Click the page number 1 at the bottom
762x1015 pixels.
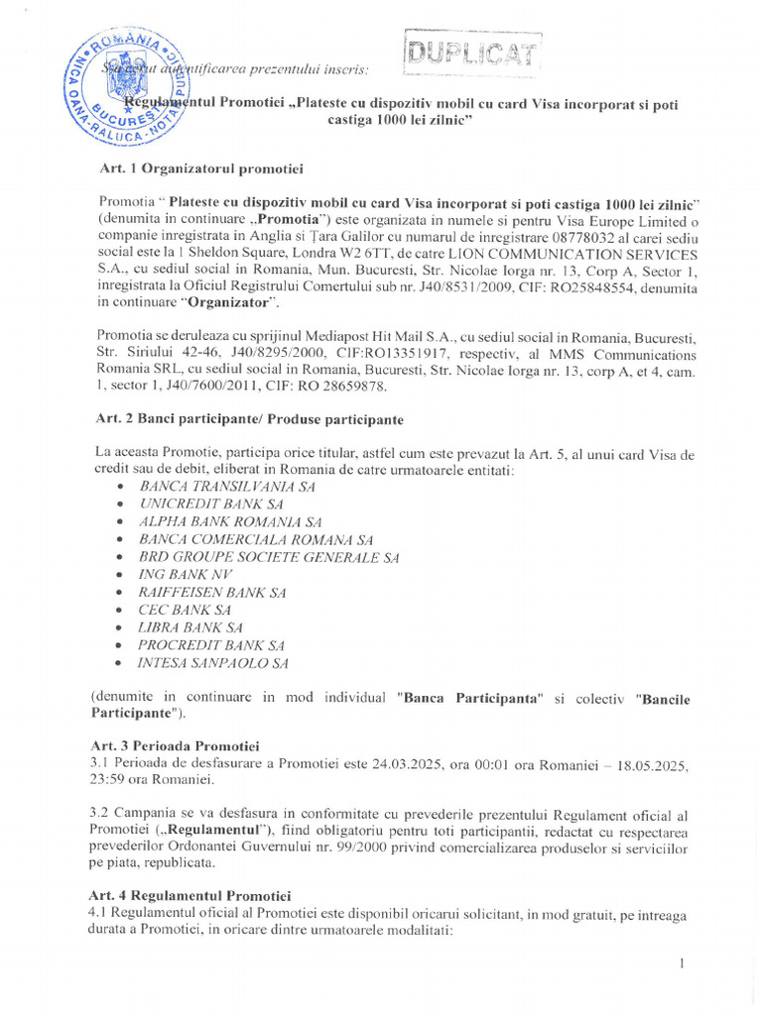[684, 962]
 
